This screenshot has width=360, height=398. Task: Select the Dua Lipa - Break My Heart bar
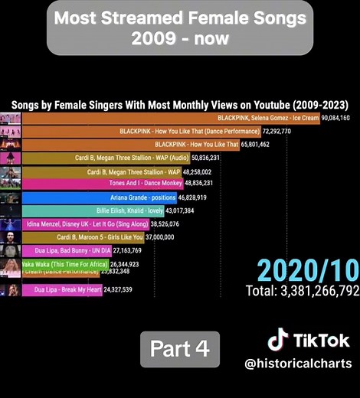67,289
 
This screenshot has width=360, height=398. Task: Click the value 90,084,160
335,118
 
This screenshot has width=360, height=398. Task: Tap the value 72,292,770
286,132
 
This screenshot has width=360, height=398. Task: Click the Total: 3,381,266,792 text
303,291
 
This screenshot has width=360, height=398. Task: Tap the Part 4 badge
179,349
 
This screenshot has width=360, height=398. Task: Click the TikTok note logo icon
277,340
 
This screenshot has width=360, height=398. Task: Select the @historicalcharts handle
299,364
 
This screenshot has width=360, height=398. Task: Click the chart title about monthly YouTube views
179,104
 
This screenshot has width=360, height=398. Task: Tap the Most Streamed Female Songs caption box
180,27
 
